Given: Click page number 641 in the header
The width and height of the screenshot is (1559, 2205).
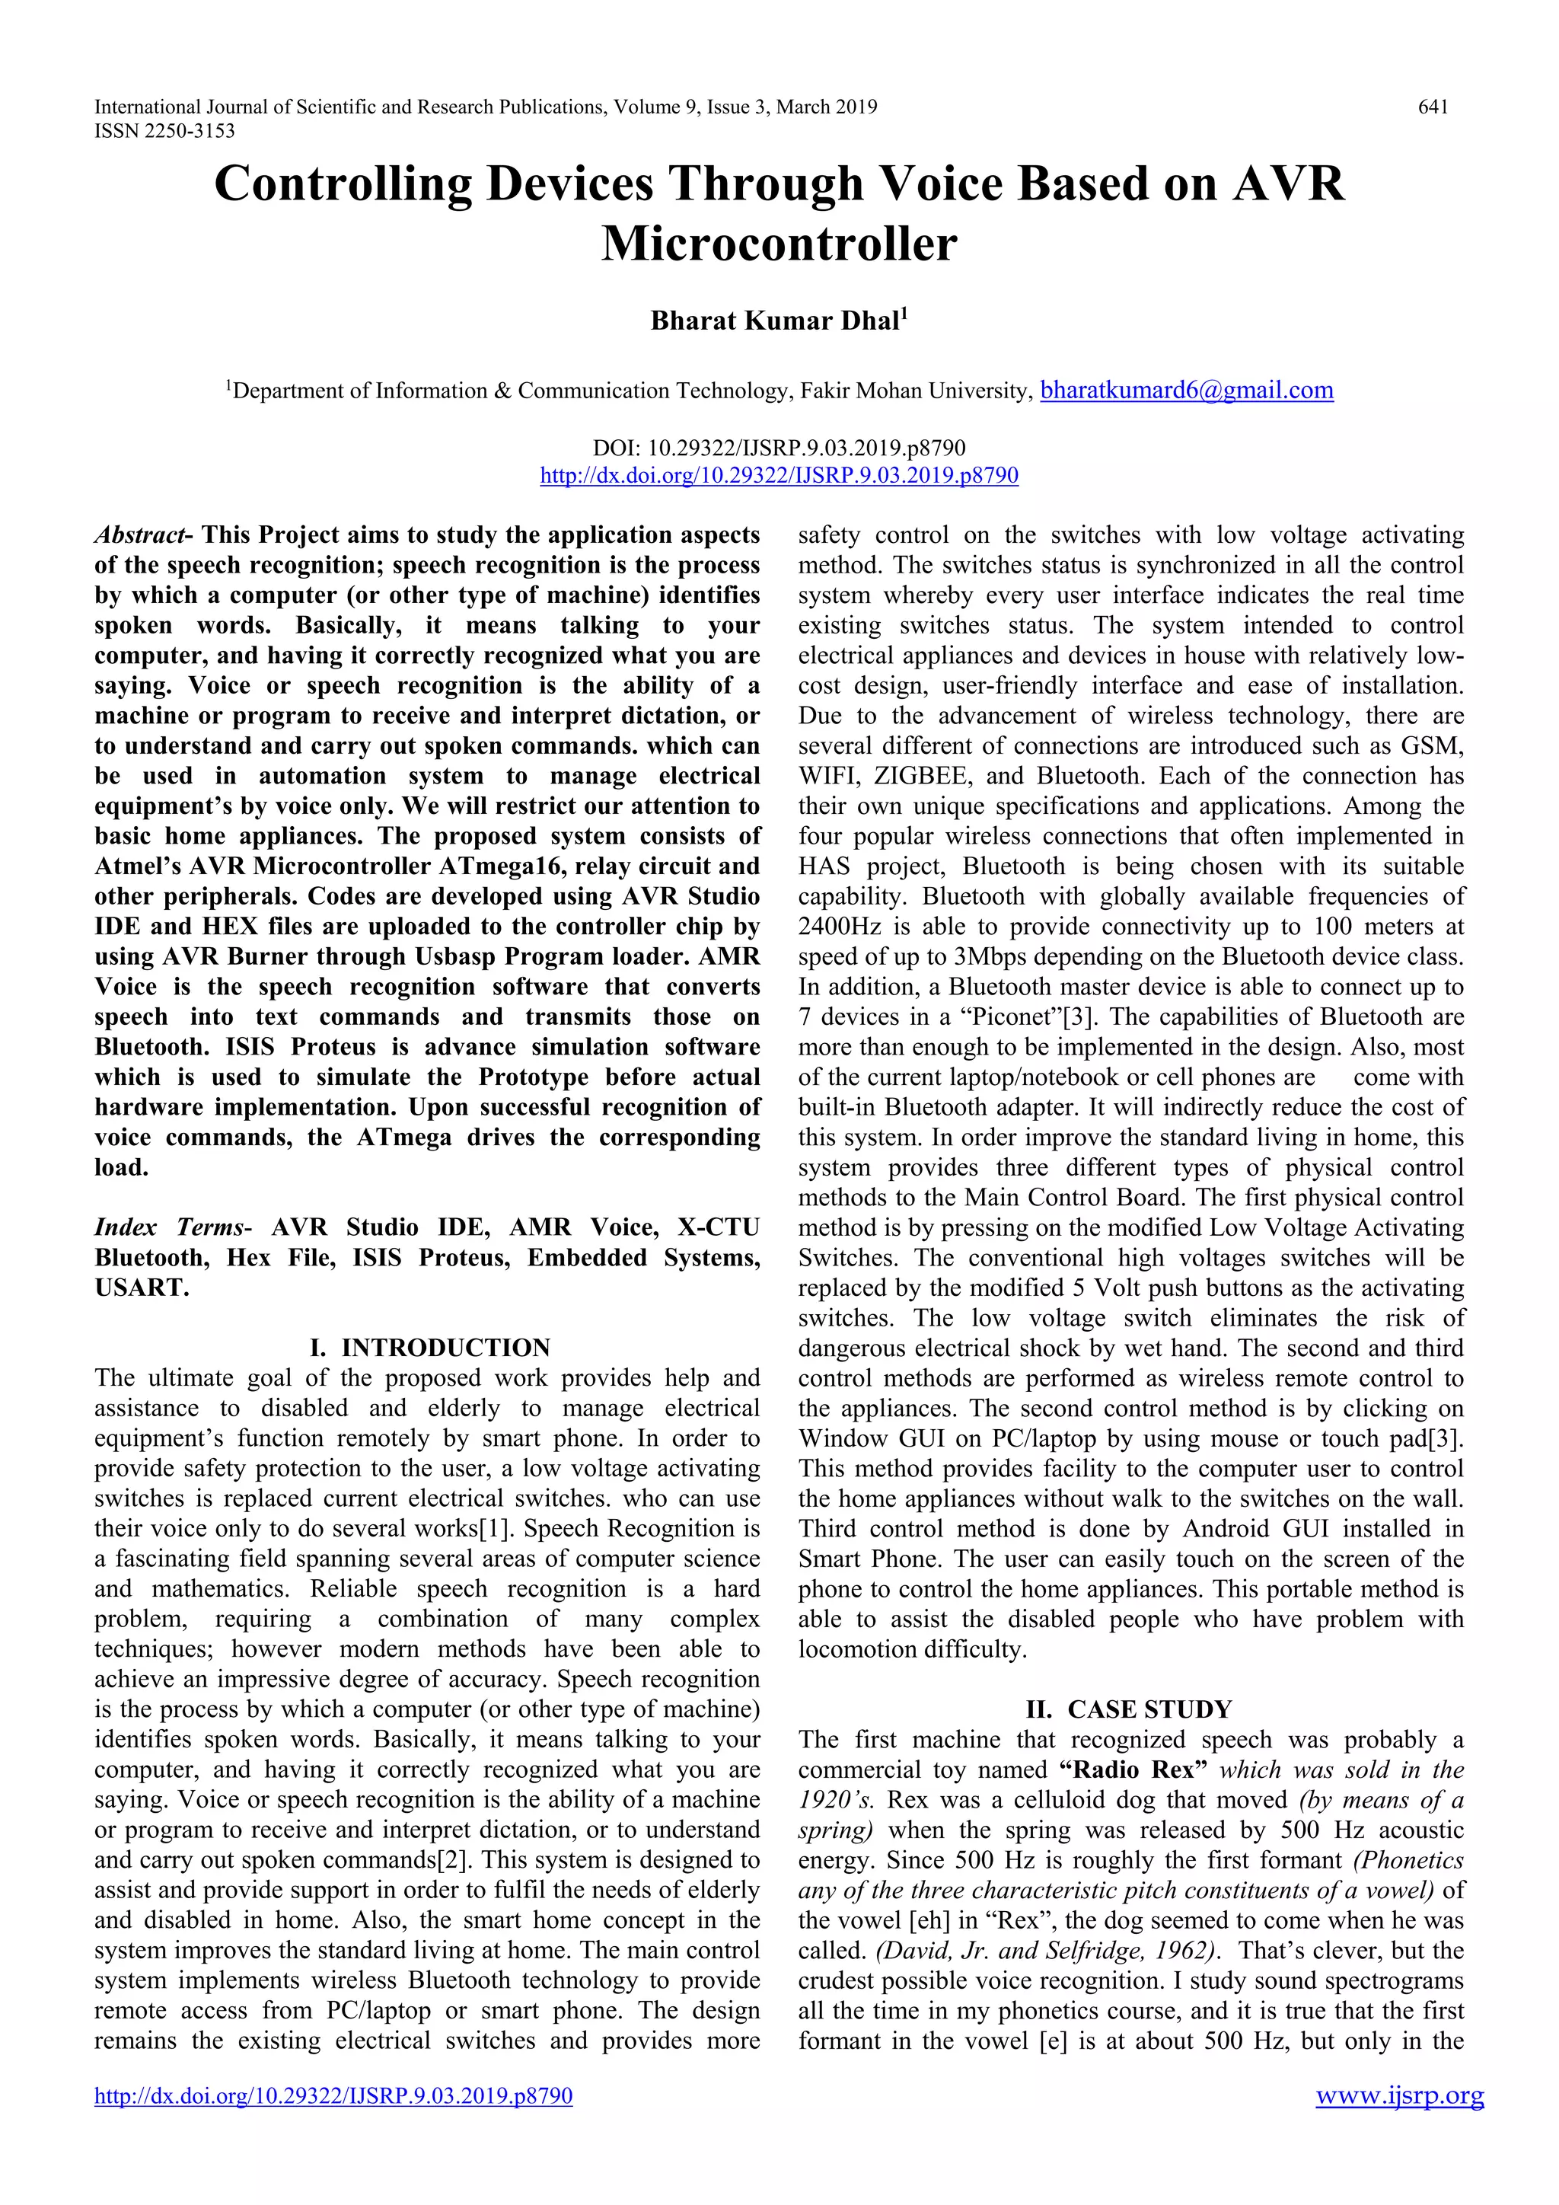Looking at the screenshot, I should click(x=1433, y=107).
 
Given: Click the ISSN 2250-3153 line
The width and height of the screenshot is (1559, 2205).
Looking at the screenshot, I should click(x=164, y=132).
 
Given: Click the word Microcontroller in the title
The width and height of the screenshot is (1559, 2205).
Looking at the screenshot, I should click(x=779, y=243).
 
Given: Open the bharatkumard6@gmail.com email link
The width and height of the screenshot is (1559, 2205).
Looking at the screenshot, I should click(x=1187, y=390).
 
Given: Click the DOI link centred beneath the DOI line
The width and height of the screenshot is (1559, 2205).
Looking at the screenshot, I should click(x=779, y=475).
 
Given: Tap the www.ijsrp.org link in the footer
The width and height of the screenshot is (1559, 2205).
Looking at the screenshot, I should click(x=1400, y=2095).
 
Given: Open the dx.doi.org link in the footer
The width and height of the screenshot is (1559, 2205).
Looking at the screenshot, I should click(x=333, y=2095).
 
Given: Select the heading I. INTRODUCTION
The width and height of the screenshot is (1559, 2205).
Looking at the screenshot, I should click(x=429, y=1348).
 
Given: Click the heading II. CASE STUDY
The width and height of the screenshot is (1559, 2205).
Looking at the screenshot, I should click(x=1129, y=1709).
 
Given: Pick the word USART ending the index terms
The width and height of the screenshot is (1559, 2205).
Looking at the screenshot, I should click(x=141, y=1288).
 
